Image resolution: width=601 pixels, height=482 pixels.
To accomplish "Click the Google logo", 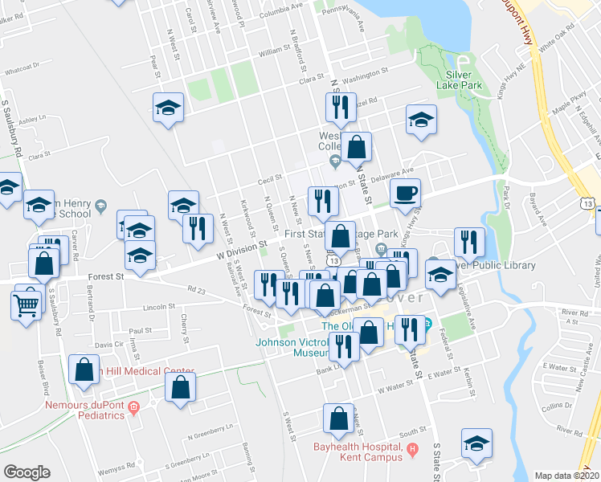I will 27,472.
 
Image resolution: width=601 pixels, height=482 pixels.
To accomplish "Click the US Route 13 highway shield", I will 590,206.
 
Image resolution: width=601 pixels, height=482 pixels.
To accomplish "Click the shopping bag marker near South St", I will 338,418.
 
